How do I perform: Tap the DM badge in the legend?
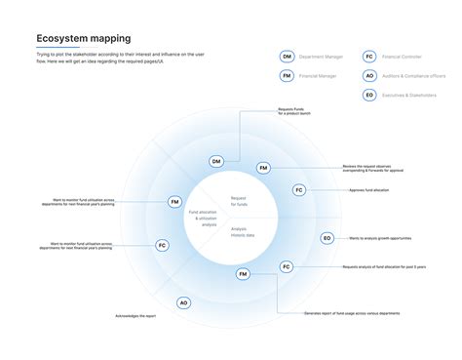287,58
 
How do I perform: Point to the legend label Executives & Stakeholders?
408,95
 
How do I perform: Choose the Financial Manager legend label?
319,75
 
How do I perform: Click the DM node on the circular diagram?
215,161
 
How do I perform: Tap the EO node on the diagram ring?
327,237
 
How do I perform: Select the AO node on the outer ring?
183,302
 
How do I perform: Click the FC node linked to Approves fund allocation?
298,189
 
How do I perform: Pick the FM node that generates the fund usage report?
242,275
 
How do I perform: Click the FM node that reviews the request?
263,168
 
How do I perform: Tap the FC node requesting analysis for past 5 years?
287,265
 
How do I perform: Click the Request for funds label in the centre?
239,201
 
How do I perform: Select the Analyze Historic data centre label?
244,232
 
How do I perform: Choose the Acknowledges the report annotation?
135,316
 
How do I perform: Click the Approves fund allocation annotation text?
369,189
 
